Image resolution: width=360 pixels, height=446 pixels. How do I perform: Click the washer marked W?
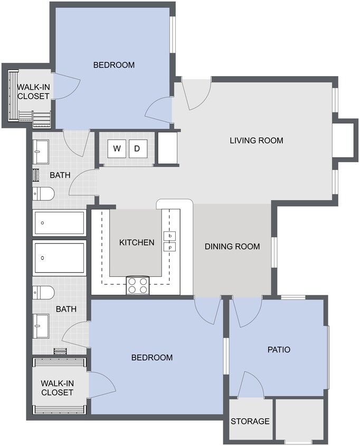pos(117,149)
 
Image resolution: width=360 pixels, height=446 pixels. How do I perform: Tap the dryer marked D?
pos(137,149)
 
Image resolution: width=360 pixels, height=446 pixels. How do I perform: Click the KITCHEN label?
pos(137,243)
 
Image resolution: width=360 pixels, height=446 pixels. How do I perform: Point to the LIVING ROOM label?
pos(257,141)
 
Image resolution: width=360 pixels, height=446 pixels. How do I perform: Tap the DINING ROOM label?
pos(232,246)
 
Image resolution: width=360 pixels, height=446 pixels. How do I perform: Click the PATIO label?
pos(279,349)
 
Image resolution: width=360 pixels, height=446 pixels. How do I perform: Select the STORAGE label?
pos(250,422)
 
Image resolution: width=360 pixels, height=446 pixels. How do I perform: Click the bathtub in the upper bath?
pos(59,223)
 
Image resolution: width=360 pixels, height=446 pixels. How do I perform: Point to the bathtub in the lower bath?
pos(59,257)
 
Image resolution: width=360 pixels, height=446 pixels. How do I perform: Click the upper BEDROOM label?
pos(114,65)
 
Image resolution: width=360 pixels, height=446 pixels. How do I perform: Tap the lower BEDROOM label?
pos(152,358)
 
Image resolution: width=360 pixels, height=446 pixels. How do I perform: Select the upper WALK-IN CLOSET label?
pos(33,91)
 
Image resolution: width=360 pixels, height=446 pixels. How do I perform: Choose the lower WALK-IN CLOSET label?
pos(57,387)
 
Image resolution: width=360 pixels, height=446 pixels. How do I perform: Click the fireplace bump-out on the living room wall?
pos(344,140)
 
